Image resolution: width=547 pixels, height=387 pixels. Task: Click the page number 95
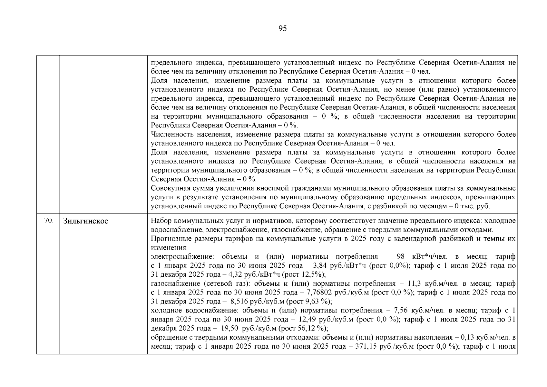[282, 29]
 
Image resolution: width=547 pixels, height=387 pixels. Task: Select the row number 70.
[48, 221]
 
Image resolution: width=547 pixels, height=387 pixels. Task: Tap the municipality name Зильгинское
[86, 221]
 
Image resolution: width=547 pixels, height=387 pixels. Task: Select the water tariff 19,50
[229, 329]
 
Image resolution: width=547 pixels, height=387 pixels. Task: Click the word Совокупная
[170, 188]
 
